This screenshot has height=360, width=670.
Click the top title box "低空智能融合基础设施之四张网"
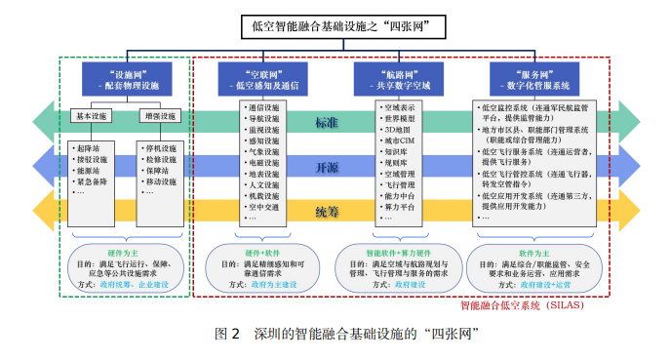(x=335, y=26)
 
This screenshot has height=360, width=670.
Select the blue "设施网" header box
(x=128, y=79)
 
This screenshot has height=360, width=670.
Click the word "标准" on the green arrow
(x=328, y=123)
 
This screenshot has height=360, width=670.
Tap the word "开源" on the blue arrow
(x=328, y=166)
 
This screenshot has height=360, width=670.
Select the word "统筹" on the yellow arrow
(x=328, y=210)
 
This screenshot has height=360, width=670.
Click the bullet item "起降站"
(x=90, y=147)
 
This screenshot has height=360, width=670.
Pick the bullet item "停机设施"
(x=161, y=147)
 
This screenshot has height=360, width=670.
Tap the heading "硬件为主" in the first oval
(x=127, y=252)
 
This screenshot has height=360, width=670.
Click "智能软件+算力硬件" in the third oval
(x=397, y=252)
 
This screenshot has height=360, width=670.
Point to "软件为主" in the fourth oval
(x=531, y=252)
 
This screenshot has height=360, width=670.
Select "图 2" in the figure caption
(x=226, y=333)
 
